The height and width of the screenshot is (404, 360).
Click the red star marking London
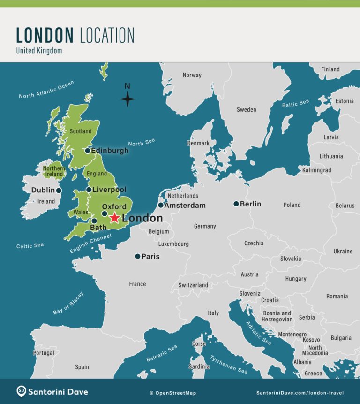pyautogui.click(x=114, y=218)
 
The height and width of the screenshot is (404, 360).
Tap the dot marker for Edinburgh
pyautogui.click(x=88, y=151)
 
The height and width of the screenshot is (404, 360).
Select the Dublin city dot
pyautogui.click(x=59, y=191)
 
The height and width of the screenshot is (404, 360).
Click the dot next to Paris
pyautogui.click(x=137, y=256)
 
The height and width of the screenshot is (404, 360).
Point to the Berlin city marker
pyautogui.click(x=236, y=204)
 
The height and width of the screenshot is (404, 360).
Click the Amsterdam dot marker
pyautogui.click(x=161, y=205)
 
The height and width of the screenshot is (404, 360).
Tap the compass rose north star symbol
pyautogui.click(x=127, y=99)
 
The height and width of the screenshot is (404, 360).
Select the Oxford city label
pyautogui.click(x=114, y=206)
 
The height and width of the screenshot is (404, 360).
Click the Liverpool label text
pyautogui.click(x=109, y=190)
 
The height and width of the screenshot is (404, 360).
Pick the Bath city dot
pyautogui.click(x=94, y=221)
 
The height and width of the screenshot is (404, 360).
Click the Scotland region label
pyautogui.click(x=81, y=131)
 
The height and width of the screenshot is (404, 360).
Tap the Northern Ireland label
pyautogui.click(x=54, y=171)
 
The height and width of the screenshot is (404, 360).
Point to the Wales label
pyautogui.click(x=81, y=213)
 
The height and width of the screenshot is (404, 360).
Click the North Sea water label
pyautogui.click(x=141, y=143)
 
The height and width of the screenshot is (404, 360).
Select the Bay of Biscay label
pyautogui.click(x=68, y=303)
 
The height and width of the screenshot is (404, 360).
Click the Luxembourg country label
pyautogui.click(x=173, y=244)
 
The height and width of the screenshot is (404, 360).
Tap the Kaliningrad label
pyautogui.click(x=316, y=170)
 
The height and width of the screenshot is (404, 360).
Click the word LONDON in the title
pyautogui.click(x=45, y=36)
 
